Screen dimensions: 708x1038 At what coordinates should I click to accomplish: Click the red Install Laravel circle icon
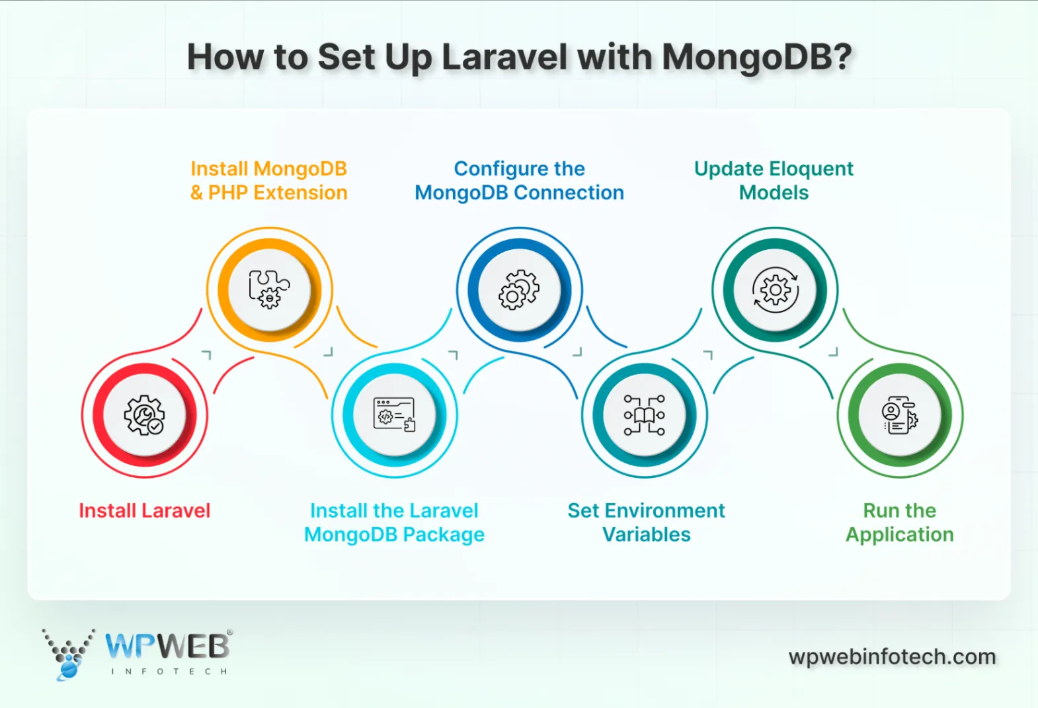click(x=144, y=415)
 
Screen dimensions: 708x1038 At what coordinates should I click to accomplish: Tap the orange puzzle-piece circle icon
click(x=270, y=290)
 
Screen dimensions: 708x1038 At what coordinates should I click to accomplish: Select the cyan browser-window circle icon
click(x=395, y=415)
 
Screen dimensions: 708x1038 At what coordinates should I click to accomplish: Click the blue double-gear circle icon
click(x=520, y=290)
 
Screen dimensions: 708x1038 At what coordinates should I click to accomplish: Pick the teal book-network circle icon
click(x=645, y=415)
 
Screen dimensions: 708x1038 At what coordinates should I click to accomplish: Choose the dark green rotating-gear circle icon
click(x=775, y=290)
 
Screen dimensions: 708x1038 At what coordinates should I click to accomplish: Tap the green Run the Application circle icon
click(x=900, y=415)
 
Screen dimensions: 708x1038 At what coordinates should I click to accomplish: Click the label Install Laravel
click(x=144, y=510)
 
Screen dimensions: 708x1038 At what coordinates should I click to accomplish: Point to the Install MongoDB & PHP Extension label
click(x=268, y=180)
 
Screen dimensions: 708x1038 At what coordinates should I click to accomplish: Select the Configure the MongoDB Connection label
click(x=519, y=180)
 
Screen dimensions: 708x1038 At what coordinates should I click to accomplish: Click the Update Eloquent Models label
click(x=774, y=180)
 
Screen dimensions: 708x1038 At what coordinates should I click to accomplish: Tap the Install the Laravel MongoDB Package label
click(x=394, y=522)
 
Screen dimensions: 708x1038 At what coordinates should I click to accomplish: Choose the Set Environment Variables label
click(x=646, y=522)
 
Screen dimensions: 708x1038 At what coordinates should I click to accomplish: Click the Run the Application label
click(x=899, y=522)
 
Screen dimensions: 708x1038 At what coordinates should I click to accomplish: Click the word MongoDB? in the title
click(x=757, y=58)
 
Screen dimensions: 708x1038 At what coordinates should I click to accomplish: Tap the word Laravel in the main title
click(x=504, y=58)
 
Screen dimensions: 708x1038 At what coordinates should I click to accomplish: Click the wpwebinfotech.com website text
click(x=892, y=656)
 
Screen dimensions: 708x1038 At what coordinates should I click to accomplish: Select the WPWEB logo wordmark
click(x=167, y=646)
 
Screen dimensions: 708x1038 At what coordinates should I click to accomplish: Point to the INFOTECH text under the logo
click(x=169, y=672)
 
